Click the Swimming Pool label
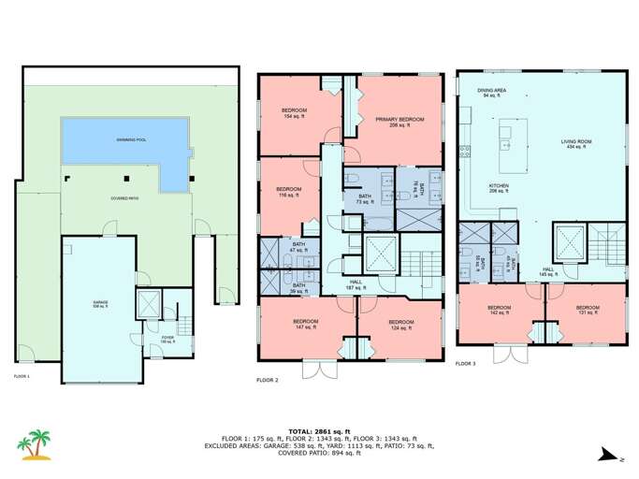(x=131, y=139)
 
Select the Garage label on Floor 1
(x=100, y=304)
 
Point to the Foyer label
(x=168, y=340)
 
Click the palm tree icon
(x=37, y=445)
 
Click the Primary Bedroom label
(x=399, y=122)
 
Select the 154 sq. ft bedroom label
(x=300, y=115)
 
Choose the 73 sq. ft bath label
(x=364, y=198)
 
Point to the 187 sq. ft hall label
(x=356, y=285)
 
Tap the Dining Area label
(x=492, y=92)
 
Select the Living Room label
(x=574, y=144)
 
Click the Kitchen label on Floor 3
(x=499, y=188)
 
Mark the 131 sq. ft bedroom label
(x=587, y=311)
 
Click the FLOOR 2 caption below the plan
(x=267, y=379)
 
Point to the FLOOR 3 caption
(x=465, y=363)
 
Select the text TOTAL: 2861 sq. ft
(x=319, y=429)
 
